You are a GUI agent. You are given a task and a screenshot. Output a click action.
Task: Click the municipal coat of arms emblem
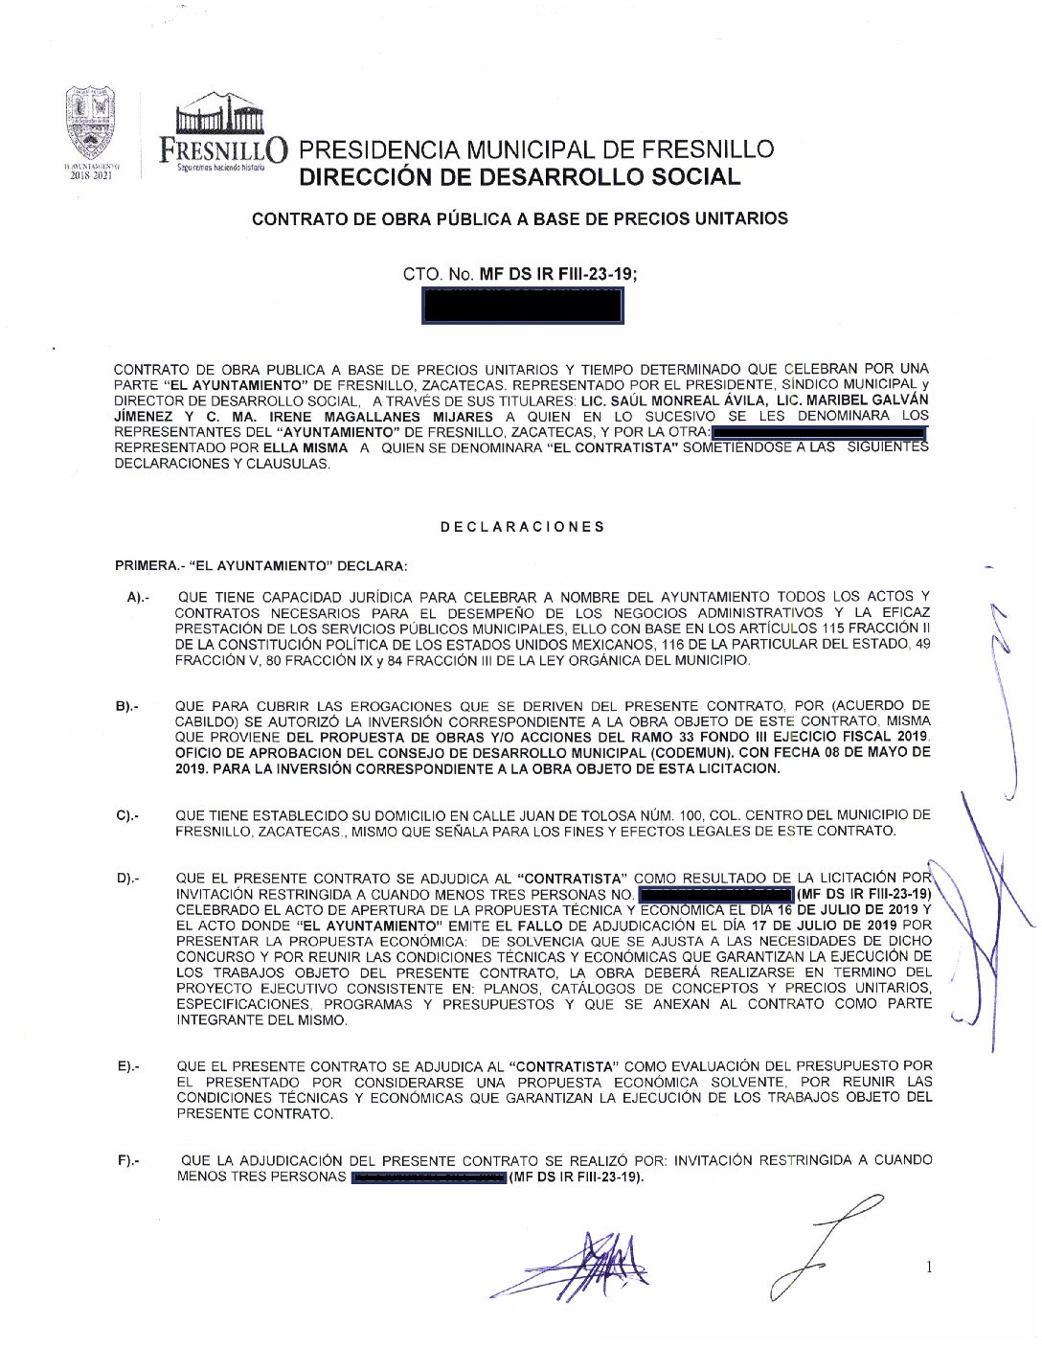coord(90,124)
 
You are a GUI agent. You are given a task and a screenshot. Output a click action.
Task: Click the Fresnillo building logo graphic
coord(219,114)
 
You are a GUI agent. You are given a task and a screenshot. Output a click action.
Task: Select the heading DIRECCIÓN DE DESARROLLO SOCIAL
coord(519,177)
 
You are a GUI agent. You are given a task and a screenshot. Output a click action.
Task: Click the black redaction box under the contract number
coord(522,306)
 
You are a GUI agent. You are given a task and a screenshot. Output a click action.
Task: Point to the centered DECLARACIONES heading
coord(522,527)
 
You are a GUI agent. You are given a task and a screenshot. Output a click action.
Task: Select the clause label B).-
coord(127,707)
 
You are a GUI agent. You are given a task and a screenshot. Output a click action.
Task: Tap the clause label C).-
coord(127,816)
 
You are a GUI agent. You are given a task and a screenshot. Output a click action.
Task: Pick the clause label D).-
coord(128,879)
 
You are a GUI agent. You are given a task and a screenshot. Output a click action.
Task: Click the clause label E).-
coord(128,1066)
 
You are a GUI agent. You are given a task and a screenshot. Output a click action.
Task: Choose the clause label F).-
coord(128,1161)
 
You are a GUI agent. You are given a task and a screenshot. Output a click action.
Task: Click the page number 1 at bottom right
coord(928,1268)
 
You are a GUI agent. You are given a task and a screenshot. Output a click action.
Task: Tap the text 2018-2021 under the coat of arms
coord(90,175)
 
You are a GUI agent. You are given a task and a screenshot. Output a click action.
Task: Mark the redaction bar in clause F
coord(427,1177)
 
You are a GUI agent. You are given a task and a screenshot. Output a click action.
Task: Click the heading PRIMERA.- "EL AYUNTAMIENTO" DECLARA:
coord(260,565)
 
